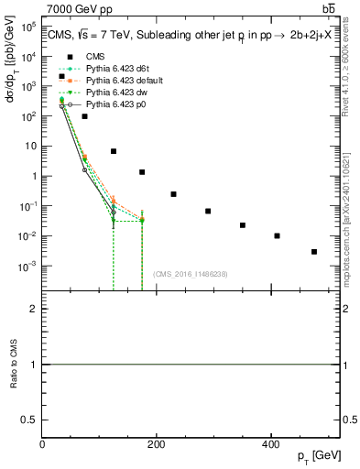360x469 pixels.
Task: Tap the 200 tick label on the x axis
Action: click(156, 444)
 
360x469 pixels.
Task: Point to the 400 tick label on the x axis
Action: click(270, 444)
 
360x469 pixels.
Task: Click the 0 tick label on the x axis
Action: click(42, 444)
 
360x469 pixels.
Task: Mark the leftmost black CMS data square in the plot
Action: click(61, 76)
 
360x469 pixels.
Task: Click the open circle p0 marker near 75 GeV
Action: click(84, 170)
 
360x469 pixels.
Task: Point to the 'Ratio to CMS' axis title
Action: click(12, 364)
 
